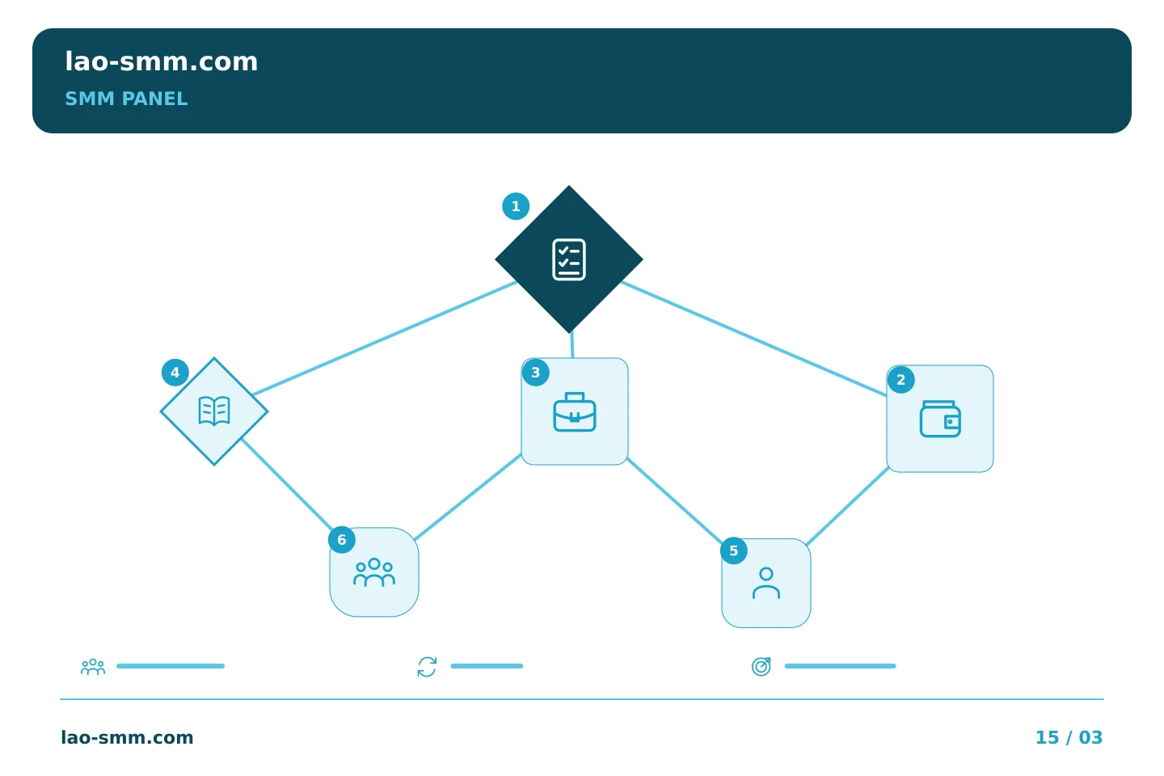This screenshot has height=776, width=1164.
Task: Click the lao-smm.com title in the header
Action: click(161, 61)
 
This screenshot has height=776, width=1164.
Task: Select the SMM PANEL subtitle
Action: click(126, 99)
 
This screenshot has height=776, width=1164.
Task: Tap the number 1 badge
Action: click(516, 206)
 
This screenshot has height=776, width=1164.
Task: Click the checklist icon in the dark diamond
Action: click(568, 259)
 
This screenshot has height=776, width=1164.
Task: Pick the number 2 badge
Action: click(900, 380)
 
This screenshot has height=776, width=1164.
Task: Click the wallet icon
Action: click(940, 419)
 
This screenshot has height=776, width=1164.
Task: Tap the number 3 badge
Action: click(535, 373)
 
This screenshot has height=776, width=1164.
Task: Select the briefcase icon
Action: click(574, 411)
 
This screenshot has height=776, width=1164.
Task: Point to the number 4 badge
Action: click(175, 373)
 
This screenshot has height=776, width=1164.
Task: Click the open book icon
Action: click(214, 411)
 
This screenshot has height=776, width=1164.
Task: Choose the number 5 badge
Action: click(733, 550)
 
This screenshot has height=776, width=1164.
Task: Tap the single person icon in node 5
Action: click(766, 583)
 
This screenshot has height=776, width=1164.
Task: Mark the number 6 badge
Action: click(341, 539)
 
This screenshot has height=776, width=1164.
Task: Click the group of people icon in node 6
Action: click(374, 572)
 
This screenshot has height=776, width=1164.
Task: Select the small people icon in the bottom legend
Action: click(93, 666)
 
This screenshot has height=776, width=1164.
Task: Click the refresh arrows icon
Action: click(427, 667)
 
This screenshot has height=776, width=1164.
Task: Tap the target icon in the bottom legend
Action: click(761, 666)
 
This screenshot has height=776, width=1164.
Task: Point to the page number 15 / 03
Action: click(1069, 737)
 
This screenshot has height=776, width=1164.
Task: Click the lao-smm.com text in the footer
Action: click(127, 737)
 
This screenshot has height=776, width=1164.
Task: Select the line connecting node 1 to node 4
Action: click(385, 339)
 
